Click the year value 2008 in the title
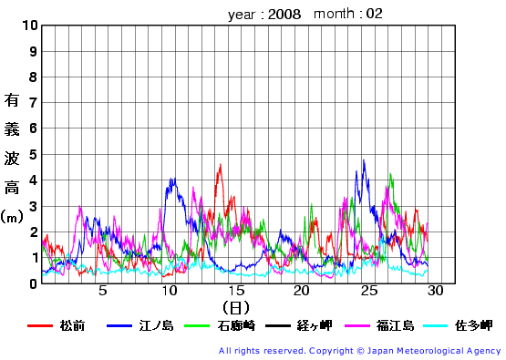tap(285, 15)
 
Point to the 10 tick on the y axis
tap(27, 26)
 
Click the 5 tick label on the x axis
tap(103, 292)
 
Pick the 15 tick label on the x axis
tap(236, 292)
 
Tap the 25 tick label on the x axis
tap(368, 292)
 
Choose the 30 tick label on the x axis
tap(435, 292)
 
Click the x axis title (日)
tap(235, 308)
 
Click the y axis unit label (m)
tap(12, 217)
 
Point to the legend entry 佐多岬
tap(473, 325)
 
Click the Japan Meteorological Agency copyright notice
tap(359, 351)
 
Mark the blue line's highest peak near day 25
tap(364, 161)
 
